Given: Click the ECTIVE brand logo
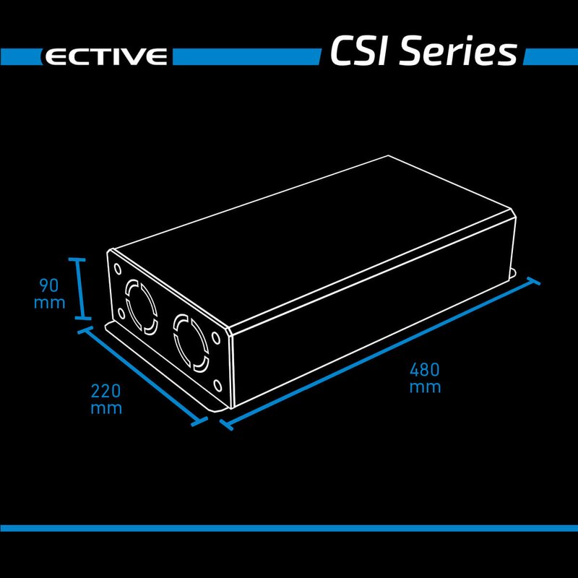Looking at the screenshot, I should [x=105, y=56].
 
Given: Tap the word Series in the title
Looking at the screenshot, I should [x=458, y=53].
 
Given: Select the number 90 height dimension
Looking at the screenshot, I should [x=49, y=285].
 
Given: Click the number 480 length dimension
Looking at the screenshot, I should [x=425, y=370].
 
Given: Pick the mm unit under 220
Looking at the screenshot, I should [x=105, y=408].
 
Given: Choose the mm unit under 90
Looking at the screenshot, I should [x=49, y=302].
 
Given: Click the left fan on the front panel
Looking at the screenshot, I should [x=139, y=308].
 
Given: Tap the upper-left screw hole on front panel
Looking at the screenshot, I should [x=117, y=268].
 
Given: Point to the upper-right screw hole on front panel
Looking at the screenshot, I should [x=216, y=338].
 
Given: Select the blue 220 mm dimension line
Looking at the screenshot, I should [x=142, y=375].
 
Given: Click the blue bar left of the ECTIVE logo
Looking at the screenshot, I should [x=18, y=56].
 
